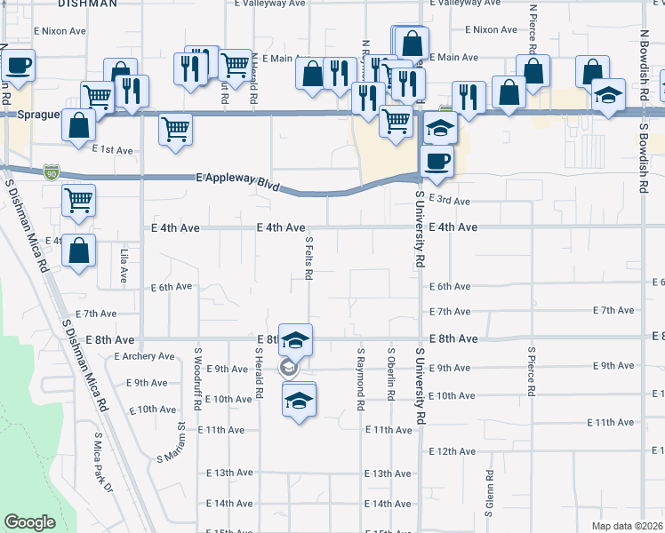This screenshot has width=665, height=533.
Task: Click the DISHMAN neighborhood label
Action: click(86, 4)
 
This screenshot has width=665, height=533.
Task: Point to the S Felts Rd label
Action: click(308, 258)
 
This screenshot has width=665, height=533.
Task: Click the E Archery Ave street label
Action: click(144, 356)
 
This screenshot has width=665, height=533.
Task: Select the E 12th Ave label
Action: click(453, 452)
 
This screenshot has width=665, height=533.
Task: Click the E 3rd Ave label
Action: click(449, 201)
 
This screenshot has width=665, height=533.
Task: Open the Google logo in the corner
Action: click(30, 522)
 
